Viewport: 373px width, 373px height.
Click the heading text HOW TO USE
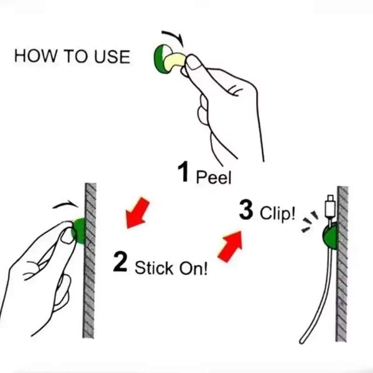point(72,56)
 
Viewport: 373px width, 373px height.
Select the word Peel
point(214,177)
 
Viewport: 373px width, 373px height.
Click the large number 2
point(120,262)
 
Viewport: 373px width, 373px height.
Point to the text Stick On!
point(171,269)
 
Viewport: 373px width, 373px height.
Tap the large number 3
point(246,210)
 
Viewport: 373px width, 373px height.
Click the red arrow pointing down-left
point(138,213)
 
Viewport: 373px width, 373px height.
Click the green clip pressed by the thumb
point(79,231)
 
